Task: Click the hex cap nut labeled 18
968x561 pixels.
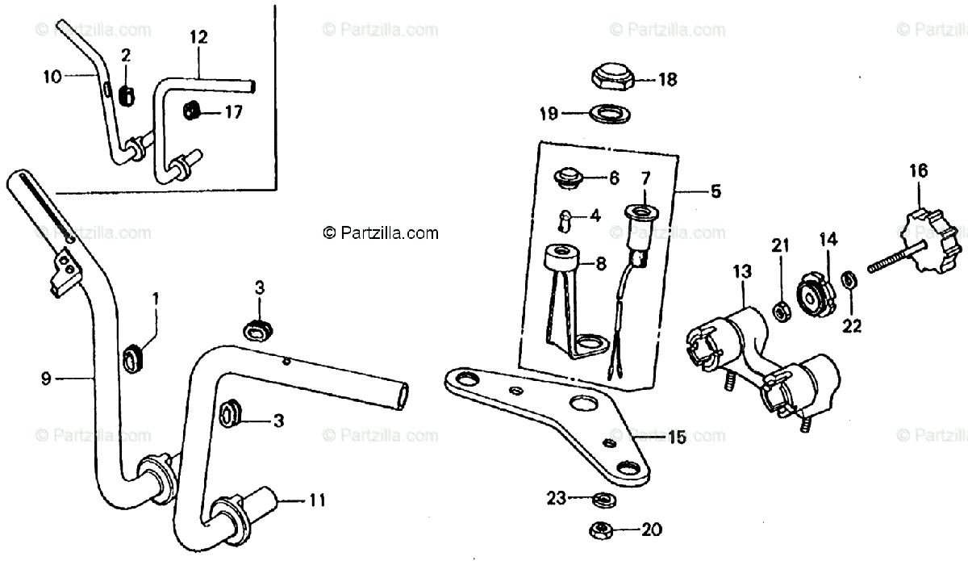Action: click(x=611, y=78)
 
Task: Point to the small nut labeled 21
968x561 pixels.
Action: click(x=780, y=310)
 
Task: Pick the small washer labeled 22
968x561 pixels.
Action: click(x=849, y=282)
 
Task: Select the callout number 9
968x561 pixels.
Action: click(x=45, y=377)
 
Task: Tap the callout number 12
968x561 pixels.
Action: click(x=198, y=37)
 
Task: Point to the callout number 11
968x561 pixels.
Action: click(x=316, y=500)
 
